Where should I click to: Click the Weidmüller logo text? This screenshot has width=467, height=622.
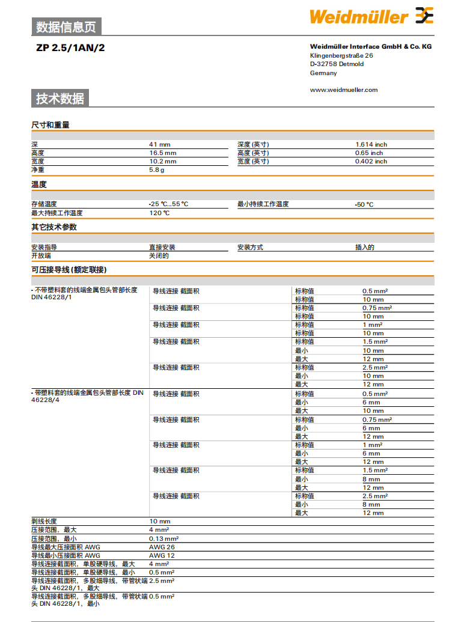tap(358, 17)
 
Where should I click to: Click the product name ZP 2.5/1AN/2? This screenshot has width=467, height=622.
tap(70, 47)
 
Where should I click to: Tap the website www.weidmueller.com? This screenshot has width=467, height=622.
tap(344, 90)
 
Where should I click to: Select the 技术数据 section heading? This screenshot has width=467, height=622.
tap(60, 99)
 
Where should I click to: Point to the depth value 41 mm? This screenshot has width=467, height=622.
tap(160, 144)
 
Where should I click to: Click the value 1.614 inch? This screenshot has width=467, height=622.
tap(371, 144)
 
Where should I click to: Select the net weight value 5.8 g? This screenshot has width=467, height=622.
tap(157, 170)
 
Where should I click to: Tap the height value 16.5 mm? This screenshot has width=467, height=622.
tap(162, 153)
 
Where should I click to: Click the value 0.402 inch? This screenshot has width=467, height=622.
tap(371, 161)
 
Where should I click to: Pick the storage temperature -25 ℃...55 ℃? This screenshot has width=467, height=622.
tap(168, 204)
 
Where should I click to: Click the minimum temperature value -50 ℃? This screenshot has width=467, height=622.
tap(364, 204)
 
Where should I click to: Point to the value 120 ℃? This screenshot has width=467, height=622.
tap(159, 213)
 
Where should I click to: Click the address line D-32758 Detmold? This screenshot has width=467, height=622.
tap(337, 64)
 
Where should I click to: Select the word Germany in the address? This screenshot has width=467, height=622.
tap(323, 73)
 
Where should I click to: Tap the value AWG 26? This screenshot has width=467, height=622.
tap(162, 547)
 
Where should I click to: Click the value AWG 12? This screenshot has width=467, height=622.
tap(162, 555)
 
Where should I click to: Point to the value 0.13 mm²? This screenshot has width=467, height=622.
tap(163, 538)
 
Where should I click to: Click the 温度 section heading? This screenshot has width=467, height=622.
tap(39, 184)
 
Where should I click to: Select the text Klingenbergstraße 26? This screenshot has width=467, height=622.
tap(341, 55)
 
